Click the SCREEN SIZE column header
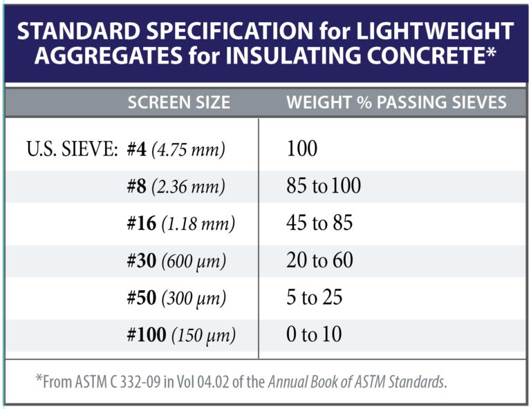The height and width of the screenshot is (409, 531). [178, 103]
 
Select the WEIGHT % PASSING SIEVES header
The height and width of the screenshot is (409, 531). [396, 103]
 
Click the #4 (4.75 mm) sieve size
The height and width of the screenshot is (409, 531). [176, 149]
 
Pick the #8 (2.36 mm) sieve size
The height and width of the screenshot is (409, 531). [176, 186]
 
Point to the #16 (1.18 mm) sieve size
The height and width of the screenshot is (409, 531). [181, 223]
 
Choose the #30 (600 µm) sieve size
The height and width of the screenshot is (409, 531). [180, 260]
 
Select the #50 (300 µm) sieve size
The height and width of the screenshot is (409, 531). [180, 298]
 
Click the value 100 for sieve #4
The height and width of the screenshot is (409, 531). [302, 149]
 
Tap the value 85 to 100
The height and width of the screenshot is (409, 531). [324, 186]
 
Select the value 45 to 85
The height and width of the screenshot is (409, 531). [319, 223]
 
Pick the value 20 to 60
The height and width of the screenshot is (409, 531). [319, 260]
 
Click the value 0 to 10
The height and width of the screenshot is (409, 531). [314, 335]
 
